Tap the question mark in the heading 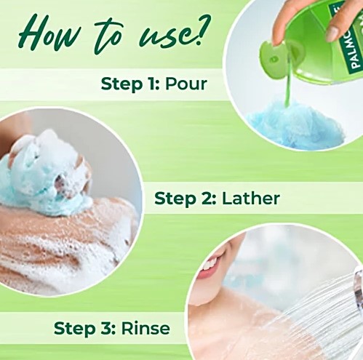coord(203,30)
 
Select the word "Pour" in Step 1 coord(186,84)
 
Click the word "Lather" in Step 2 coord(251,198)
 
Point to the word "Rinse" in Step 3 coord(145,328)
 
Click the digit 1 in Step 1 coord(149,84)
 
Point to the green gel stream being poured coord(288,82)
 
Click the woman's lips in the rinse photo coord(209,266)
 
